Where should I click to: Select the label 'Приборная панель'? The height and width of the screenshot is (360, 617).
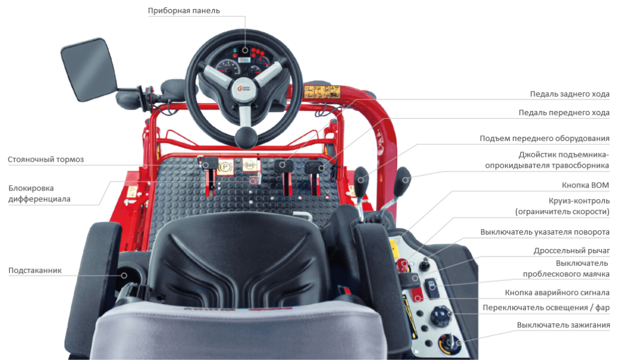tap(184, 11)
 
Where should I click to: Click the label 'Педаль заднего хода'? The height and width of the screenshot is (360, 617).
tap(569, 94)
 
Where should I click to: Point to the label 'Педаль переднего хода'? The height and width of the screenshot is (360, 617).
tap(564, 113)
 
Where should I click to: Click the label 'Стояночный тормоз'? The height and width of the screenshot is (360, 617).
tap(46, 160)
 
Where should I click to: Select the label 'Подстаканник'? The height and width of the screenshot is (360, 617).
tap(35, 270)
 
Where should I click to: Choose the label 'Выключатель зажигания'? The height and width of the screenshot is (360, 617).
tap(563, 325)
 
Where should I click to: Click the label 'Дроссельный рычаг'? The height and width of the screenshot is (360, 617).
tap(571, 250)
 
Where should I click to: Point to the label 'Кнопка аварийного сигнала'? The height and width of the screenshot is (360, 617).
tap(557, 293)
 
